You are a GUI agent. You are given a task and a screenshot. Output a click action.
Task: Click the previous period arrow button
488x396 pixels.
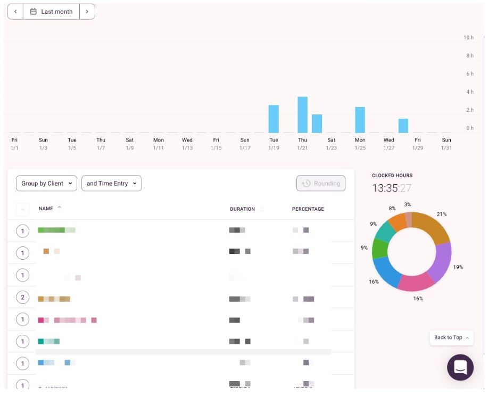pyautogui.click(x=15, y=12)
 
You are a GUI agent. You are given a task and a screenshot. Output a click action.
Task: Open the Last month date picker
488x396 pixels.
pyautogui.click(x=52, y=12)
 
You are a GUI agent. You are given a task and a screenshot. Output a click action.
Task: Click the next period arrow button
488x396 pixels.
pyautogui.click(x=87, y=12)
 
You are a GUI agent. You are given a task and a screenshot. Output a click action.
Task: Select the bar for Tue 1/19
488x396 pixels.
pyautogui.click(x=274, y=119)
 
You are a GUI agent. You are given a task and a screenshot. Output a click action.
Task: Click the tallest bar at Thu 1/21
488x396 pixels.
pyautogui.click(x=302, y=115)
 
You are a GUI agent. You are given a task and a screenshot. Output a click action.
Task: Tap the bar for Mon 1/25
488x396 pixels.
pyautogui.click(x=360, y=120)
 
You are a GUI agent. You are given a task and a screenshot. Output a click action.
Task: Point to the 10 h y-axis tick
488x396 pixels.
pyautogui.click(x=468, y=38)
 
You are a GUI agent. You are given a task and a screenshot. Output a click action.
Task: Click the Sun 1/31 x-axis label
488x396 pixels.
pyautogui.click(x=446, y=144)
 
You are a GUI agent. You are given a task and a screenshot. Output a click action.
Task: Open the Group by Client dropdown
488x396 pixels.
pyautogui.click(x=46, y=184)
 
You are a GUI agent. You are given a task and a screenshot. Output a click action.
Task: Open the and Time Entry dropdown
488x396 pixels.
pyautogui.click(x=111, y=184)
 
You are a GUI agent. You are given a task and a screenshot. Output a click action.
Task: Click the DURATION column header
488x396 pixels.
pyautogui.click(x=242, y=209)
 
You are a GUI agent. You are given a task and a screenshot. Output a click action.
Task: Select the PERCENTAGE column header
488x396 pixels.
pyautogui.click(x=308, y=209)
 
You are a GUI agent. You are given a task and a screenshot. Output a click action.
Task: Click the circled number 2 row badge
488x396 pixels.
pyautogui.click(x=22, y=298)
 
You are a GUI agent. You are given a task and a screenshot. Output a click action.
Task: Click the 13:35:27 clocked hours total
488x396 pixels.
pyautogui.click(x=391, y=188)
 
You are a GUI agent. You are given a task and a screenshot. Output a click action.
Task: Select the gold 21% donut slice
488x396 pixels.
pyautogui.click(x=433, y=226)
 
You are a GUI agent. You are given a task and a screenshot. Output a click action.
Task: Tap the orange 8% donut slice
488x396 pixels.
pyautogui.click(x=396, y=221)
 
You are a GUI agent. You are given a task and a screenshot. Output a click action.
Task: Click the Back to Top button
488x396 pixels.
pyautogui.click(x=451, y=337)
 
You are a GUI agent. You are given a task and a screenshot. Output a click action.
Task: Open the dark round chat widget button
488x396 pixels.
pyautogui.click(x=460, y=367)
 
